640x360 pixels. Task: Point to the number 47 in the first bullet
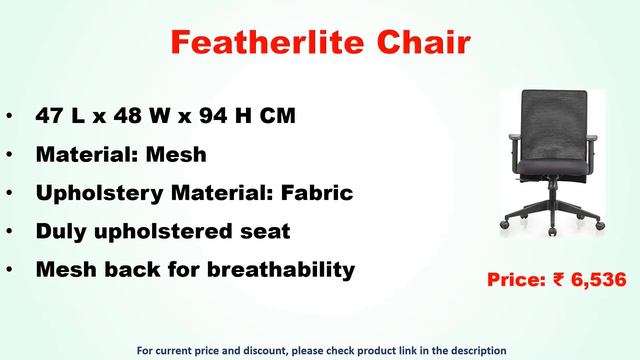click(x=49, y=116)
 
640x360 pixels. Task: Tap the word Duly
click(x=61, y=232)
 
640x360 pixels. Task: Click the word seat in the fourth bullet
click(x=262, y=232)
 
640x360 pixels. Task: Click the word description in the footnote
click(x=469, y=350)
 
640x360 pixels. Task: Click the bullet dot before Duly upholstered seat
click(x=9, y=232)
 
